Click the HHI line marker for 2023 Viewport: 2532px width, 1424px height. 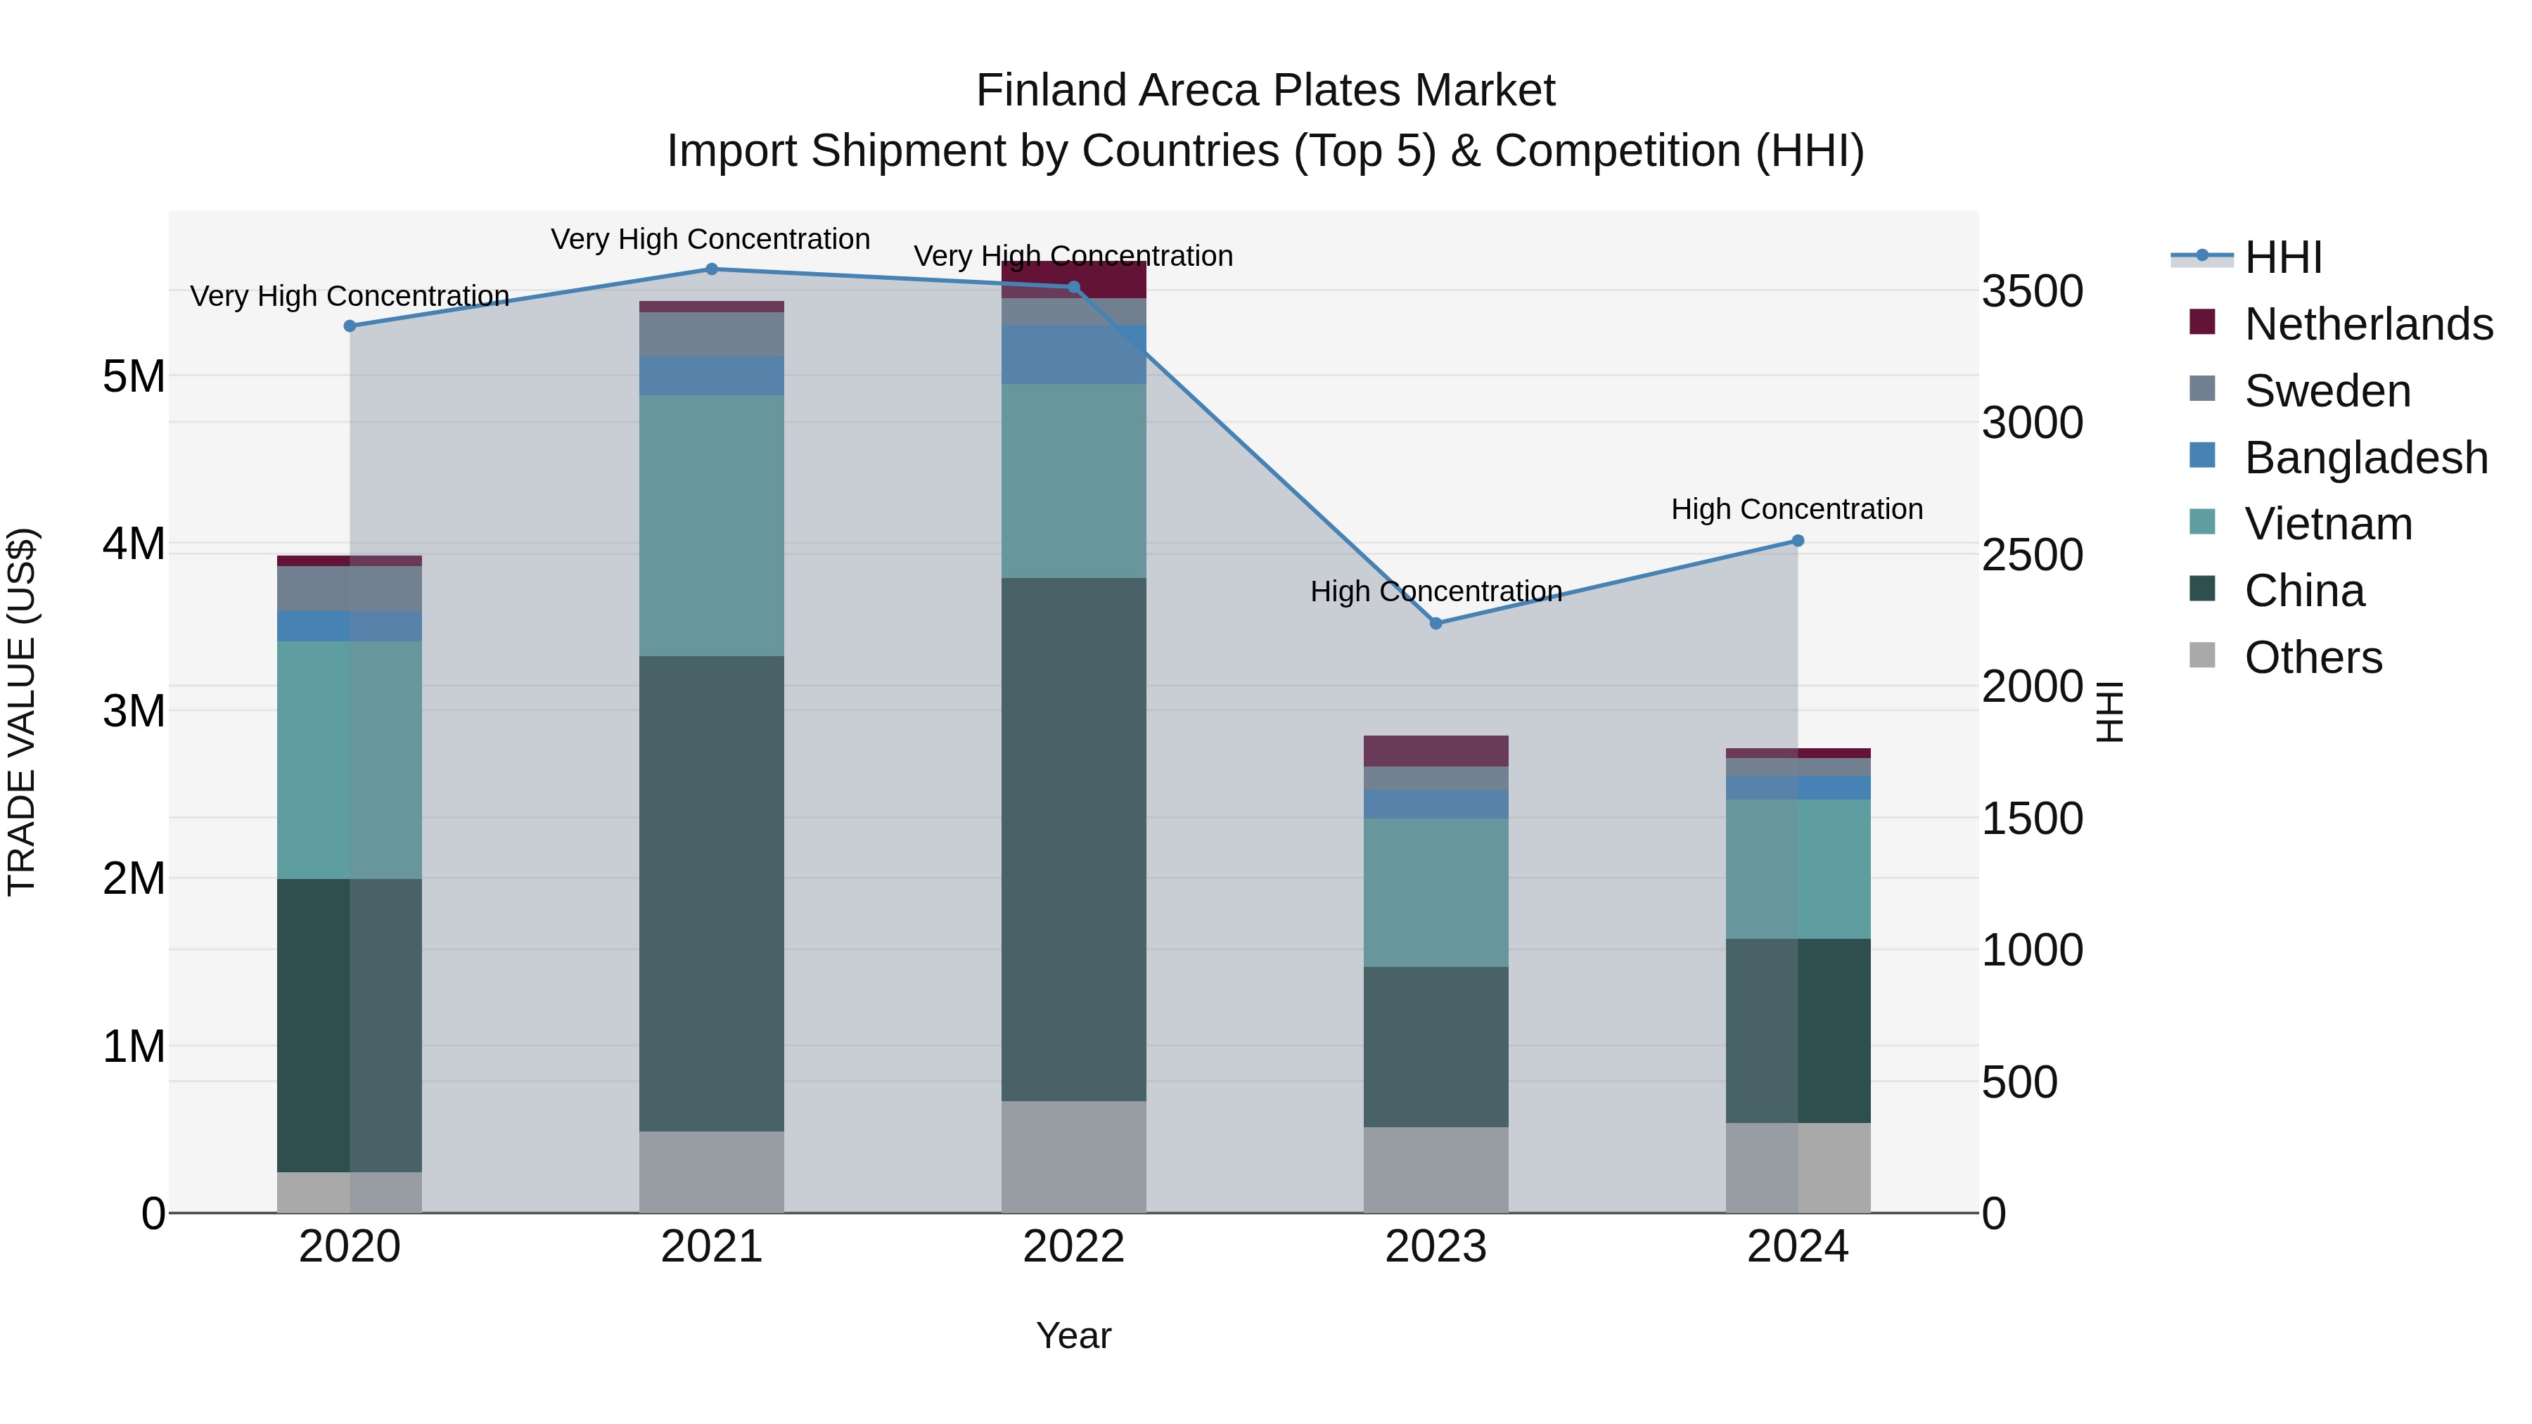pos(1435,623)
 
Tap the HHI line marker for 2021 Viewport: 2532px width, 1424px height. pos(712,269)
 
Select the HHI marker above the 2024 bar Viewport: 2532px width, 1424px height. pos(1798,541)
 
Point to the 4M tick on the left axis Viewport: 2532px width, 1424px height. pos(134,544)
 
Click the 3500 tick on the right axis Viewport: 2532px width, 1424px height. pos(2031,292)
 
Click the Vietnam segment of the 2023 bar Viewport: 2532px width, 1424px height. pos(1435,892)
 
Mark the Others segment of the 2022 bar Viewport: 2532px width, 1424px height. pos(1073,1157)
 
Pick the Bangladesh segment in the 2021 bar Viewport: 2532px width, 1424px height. pos(712,376)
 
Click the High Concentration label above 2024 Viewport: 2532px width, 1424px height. pos(1797,509)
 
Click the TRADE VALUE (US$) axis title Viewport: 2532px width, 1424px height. pos(22,712)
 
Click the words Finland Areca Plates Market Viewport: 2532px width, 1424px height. pos(1265,91)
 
